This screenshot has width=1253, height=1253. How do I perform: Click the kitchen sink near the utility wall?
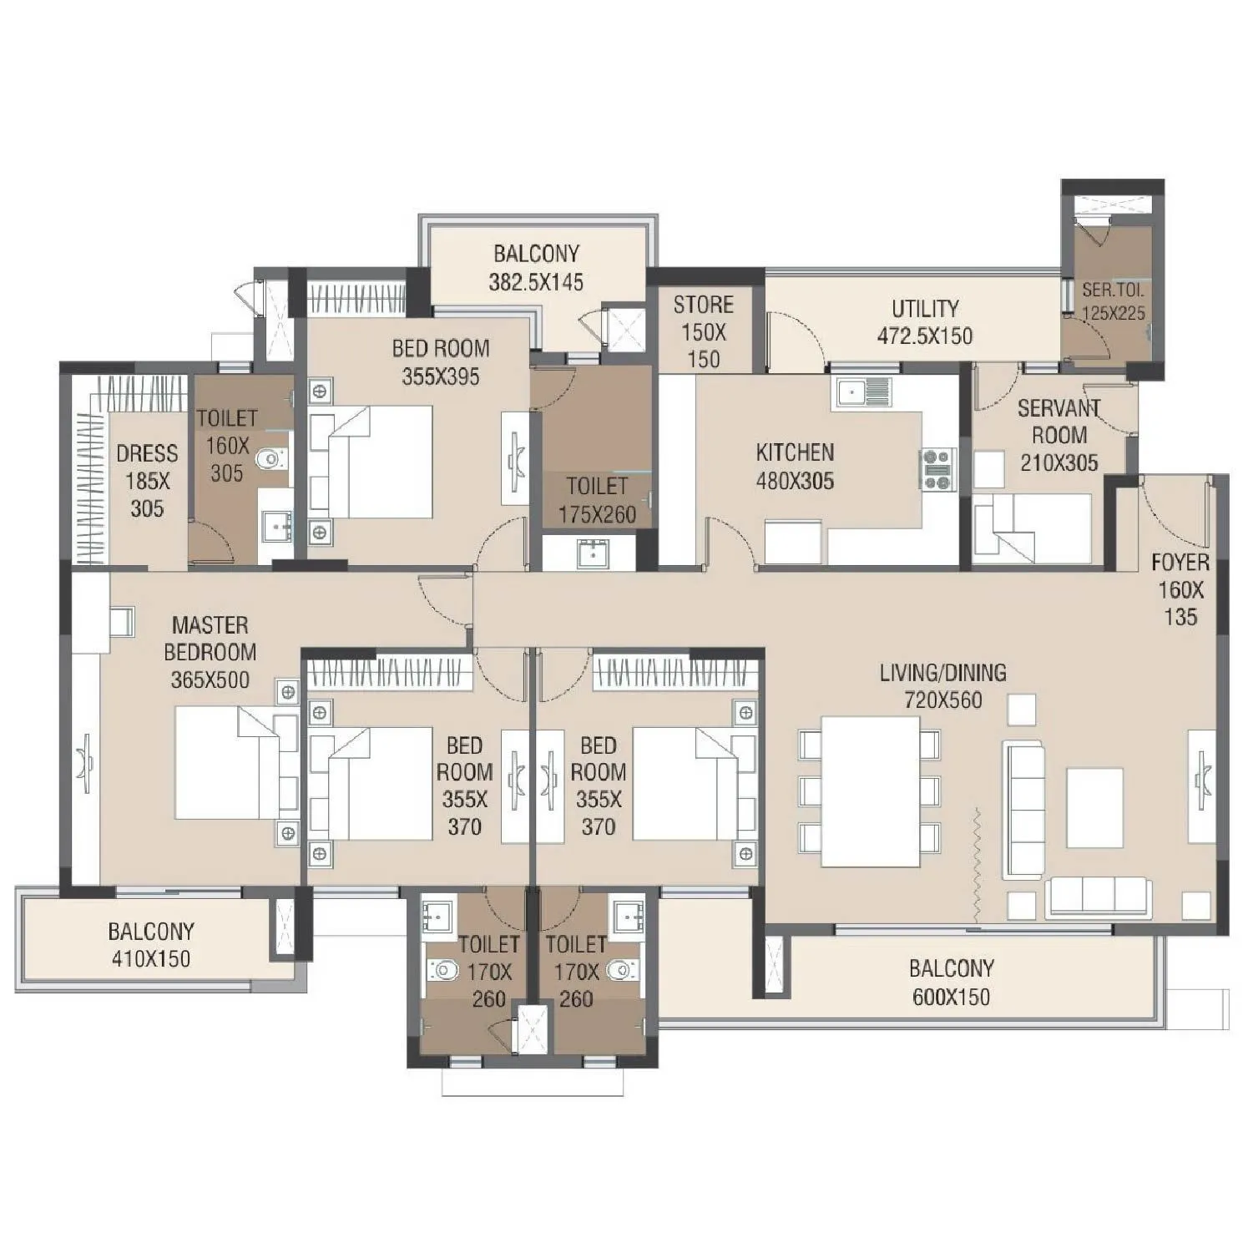coord(861,391)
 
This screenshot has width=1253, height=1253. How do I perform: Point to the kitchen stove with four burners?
coord(938,469)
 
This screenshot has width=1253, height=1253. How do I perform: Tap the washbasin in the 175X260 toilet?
coord(593,552)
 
